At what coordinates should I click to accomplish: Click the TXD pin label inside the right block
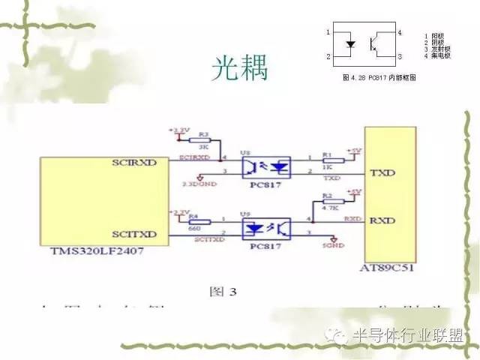[x=382, y=173]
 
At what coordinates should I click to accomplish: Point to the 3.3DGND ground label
[x=197, y=183]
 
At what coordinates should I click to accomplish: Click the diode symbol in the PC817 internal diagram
[x=349, y=44]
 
